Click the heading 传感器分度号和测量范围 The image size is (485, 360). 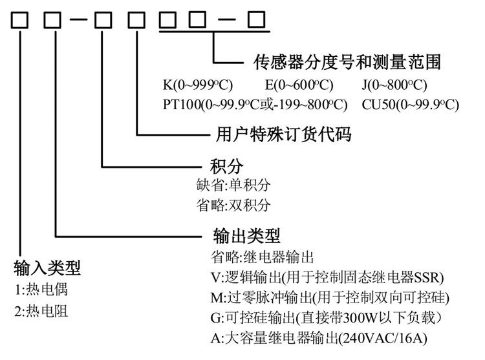click(347, 62)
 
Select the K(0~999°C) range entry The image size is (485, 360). click(198, 85)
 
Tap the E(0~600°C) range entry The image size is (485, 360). click(299, 85)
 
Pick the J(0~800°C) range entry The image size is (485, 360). click(394, 85)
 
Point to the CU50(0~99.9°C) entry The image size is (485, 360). click(411, 105)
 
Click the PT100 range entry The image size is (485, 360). click(255, 105)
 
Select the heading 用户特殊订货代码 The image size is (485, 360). click(283, 134)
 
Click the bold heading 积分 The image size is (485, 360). click(226, 167)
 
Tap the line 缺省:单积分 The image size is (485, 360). click(233, 185)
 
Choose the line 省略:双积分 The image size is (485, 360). click(233, 205)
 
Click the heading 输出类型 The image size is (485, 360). click(246, 236)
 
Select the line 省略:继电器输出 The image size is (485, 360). click(263, 257)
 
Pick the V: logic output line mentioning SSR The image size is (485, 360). click(327, 277)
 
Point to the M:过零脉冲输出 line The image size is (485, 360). click(330, 297)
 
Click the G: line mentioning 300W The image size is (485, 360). click(327, 317)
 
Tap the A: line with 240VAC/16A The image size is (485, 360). click(319, 338)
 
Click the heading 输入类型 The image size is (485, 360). click(47, 268)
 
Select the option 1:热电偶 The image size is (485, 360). click(41, 290)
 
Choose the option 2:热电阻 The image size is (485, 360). click(41, 311)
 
